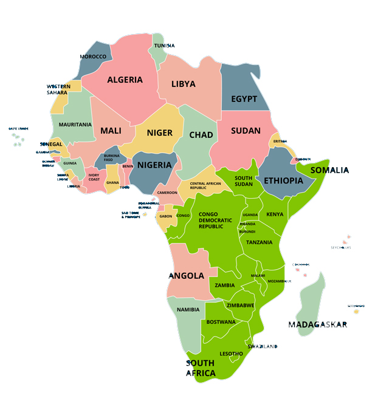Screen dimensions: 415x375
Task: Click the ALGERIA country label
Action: coord(125,80)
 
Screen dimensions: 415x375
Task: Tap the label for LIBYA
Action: coord(183,84)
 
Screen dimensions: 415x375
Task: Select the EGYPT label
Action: coord(244,99)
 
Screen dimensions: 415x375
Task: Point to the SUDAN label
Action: coord(246,131)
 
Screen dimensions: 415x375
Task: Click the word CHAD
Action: coord(201,135)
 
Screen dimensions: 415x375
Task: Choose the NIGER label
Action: coord(159,132)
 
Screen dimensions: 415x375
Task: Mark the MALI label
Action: coord(111,131)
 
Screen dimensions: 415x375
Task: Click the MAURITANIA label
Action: coord(75,125)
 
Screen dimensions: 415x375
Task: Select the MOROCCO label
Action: coord(93,57)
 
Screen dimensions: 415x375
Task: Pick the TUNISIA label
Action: coord(164,46)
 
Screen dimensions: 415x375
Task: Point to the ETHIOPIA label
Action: coord(283,180)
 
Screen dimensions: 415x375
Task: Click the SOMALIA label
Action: coord(329,170)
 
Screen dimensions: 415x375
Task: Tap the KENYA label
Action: coord(275,214)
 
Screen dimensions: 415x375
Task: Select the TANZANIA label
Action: coord(259,242)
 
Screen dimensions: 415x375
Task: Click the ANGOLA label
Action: coord(186,276)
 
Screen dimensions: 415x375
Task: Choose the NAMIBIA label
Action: coord(188,309)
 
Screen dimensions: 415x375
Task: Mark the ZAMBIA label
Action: coord(225,285)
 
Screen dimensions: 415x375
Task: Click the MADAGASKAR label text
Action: coord(317,324)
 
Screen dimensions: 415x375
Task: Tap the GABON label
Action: coord(166,216)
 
